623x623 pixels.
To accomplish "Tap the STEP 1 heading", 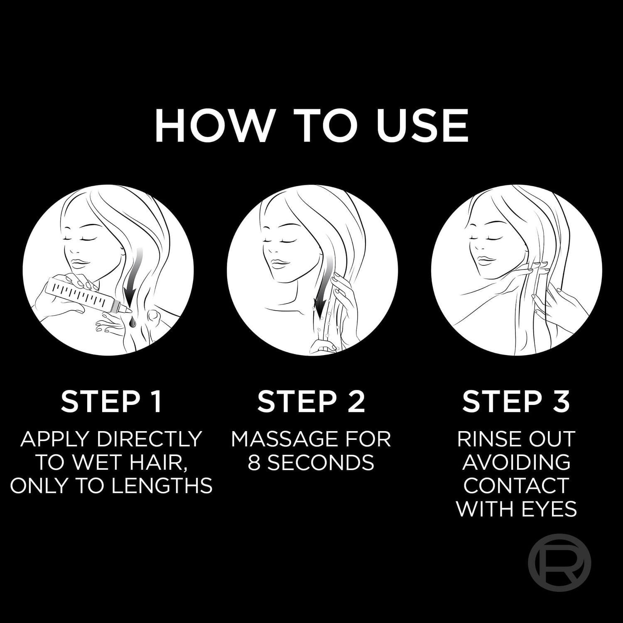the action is (111, 401).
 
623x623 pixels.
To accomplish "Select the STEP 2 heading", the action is (311, 401).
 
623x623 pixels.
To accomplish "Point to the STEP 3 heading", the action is (516, 401).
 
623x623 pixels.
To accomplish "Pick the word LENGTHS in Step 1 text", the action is (162, 485).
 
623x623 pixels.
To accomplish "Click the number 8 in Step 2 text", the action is (254, 462).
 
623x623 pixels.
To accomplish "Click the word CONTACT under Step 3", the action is (516, 485).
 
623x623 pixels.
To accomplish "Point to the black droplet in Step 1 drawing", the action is (130, 320).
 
